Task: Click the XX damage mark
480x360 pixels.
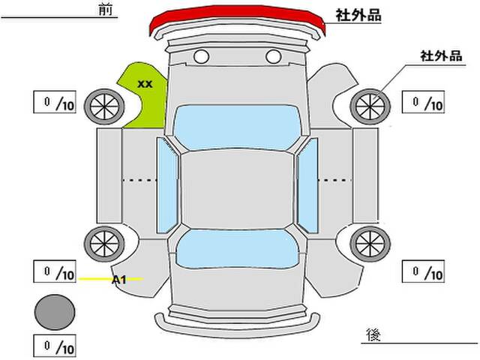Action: (x=145, y=84)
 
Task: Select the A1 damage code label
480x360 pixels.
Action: (x=118, y=280)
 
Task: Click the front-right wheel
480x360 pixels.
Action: (x=370, y=106)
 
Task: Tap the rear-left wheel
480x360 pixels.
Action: (x=103, y=242)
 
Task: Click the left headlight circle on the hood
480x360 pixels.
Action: (x=201, y=56)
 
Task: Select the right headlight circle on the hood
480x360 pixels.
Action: (x=273, y=56)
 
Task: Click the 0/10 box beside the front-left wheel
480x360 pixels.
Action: (x=54, y=103)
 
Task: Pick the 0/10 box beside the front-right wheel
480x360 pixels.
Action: (x=424, y=103)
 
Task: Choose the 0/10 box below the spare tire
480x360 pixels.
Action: (x=55, y=346)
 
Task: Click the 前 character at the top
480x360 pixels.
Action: (x=103, y=9)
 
